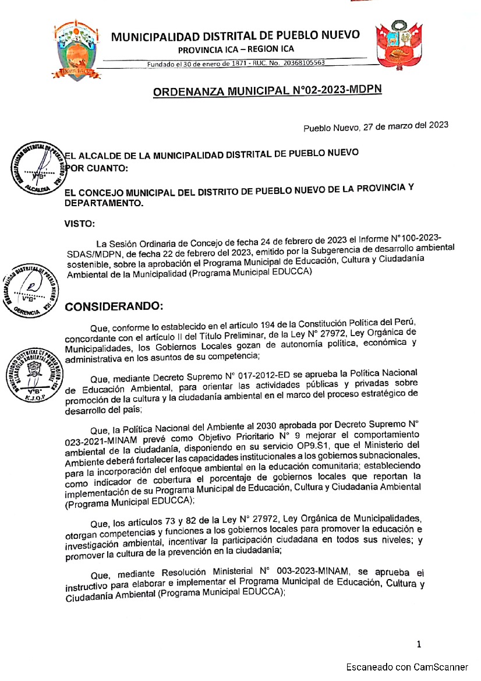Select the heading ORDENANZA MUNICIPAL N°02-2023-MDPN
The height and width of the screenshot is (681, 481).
point(267,91)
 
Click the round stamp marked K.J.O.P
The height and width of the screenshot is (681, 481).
point(33,376)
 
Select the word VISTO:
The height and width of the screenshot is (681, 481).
point(80,223)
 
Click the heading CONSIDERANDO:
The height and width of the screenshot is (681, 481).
point(114,306)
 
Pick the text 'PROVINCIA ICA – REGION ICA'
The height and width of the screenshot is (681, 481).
point(236,49)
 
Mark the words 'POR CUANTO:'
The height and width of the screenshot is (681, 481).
point(94,168)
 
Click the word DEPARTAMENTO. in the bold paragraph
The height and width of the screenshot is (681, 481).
point(103,204)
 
